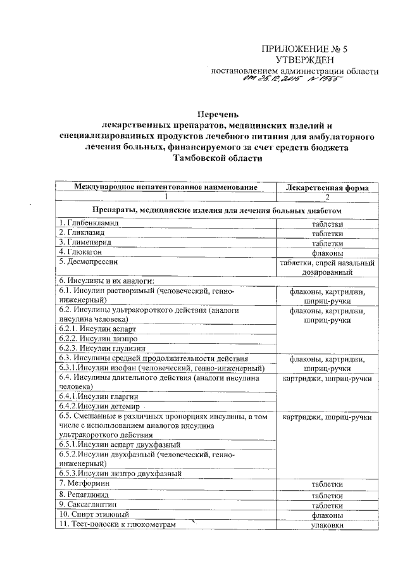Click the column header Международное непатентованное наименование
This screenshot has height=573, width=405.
coord(166,187)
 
